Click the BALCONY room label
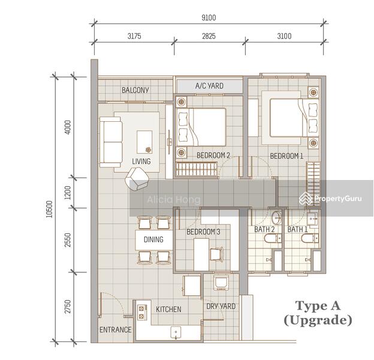(x=135, y=91)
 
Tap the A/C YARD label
(x=209, y=86)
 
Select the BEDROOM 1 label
(x=286, y=156)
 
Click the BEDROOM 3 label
(x=203, y=232)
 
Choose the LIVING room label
(x=141, y=161)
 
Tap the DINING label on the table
(x=153, y=240)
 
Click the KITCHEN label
(x=168, y=310)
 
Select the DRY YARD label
(x=221, y=307)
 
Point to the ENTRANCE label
(x=115, y=330)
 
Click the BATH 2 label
(x=265, y=229)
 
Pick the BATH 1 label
(x=297, y=229)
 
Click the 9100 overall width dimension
(x=209, y=17)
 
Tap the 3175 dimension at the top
(x=134, y=36)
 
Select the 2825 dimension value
(x=209, y=36)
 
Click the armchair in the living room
(x=138, y=178)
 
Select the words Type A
(x=317, y=307)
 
